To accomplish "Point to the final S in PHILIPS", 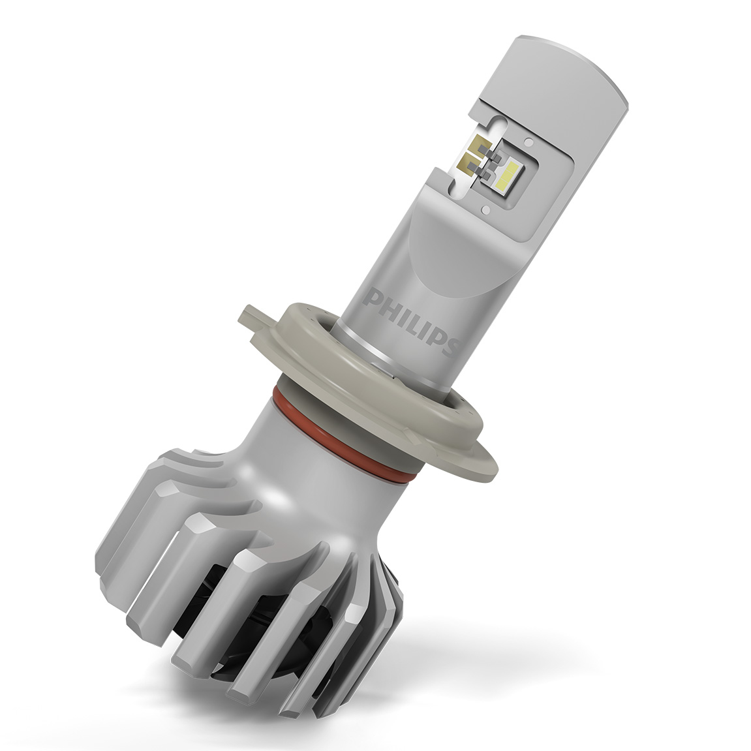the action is [x=450, y=345].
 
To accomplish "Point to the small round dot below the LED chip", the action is [x=487, y=209].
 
